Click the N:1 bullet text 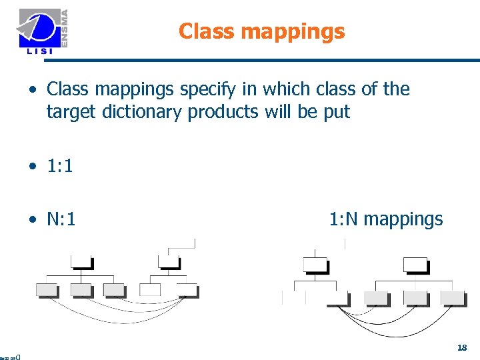point(61,219)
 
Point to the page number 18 point(462,347)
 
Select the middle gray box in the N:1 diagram point(81,290)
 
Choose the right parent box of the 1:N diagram point(415,265)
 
